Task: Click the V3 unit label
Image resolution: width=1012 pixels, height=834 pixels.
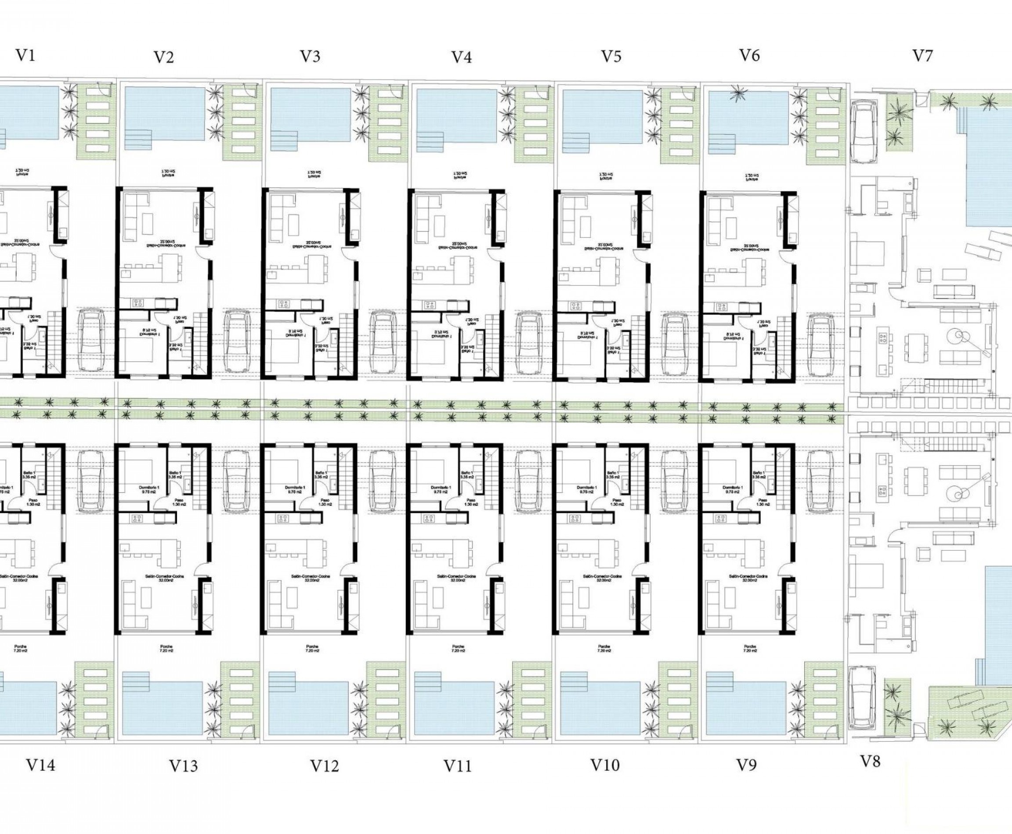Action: tap(310, 57)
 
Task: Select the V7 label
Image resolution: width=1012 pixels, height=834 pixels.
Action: tap(922, 56)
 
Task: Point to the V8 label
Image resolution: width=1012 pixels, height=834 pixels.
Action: tap(870, 762)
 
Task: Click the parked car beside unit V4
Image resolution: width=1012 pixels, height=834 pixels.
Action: tap(529, 342)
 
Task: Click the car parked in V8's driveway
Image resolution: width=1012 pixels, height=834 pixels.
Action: tap(862, 697)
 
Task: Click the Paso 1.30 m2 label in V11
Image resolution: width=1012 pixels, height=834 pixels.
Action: tap(470, 502)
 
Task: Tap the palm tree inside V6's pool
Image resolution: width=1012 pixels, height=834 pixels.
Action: tap(736, 93)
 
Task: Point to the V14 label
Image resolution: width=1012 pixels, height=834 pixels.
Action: tap(40, 765)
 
